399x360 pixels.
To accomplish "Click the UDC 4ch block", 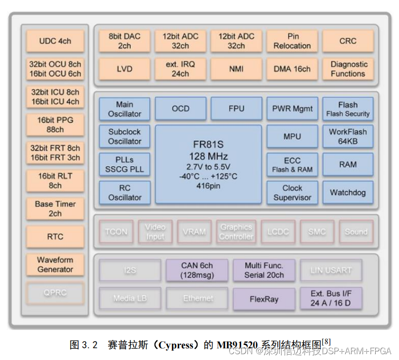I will tap(55, 41).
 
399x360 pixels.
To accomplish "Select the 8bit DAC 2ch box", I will tap(124, 41).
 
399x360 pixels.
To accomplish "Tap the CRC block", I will tap(348, 41).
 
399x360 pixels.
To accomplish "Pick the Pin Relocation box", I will tap(292, 41).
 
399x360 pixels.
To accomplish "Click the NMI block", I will tap(236, 69).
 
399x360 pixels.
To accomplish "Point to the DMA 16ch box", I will tap(292, 69).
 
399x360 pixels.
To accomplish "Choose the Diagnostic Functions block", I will tap(348, 69).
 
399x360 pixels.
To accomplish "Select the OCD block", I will tap(181, 109).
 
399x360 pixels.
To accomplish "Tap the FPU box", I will tap(236, 109).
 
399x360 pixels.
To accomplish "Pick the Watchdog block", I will tap(348, 192).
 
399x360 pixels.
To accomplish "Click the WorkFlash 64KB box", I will tap(348, 137).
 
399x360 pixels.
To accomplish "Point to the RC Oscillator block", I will tap(124, 192).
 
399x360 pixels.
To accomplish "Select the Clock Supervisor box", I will tap(292, 192).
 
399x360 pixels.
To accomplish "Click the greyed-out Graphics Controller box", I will tap(236, 232).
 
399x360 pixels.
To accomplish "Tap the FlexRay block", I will tap(264, 299).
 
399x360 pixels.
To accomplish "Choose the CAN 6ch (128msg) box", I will tap(197, 270).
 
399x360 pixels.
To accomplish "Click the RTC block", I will tap(55, 237).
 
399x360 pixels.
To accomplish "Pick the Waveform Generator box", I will tap(55, 265).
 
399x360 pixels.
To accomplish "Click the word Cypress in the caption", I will tap(168, 345).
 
